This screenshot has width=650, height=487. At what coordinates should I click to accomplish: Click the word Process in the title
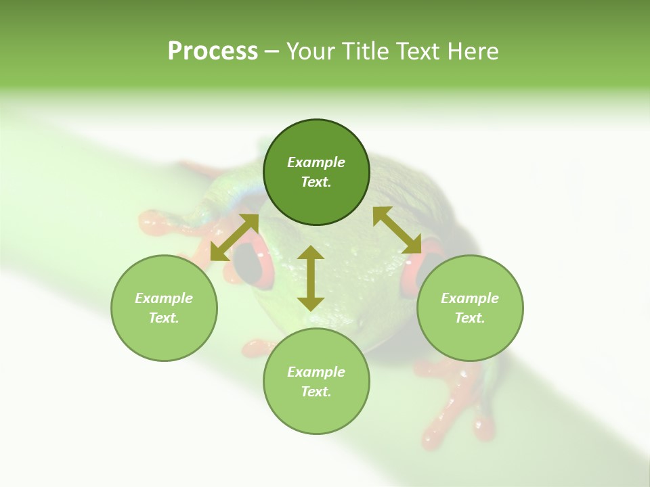[x=213, y=51]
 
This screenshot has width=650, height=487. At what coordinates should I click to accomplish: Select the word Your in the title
[x=309, y=51]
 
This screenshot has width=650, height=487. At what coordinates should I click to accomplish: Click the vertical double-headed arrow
[x=311, y=278]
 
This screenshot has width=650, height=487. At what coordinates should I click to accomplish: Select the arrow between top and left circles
[x=234, y=237]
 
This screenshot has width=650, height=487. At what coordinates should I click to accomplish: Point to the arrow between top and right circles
[x=397, y=230]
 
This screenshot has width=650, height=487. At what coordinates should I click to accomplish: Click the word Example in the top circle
[x=316, y=162]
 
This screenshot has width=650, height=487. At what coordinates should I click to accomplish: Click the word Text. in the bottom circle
[x=316, y=392]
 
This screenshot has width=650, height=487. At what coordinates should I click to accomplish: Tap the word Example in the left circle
[x=164, y=298]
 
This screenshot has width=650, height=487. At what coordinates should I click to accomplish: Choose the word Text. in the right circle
[x=470, y=318]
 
